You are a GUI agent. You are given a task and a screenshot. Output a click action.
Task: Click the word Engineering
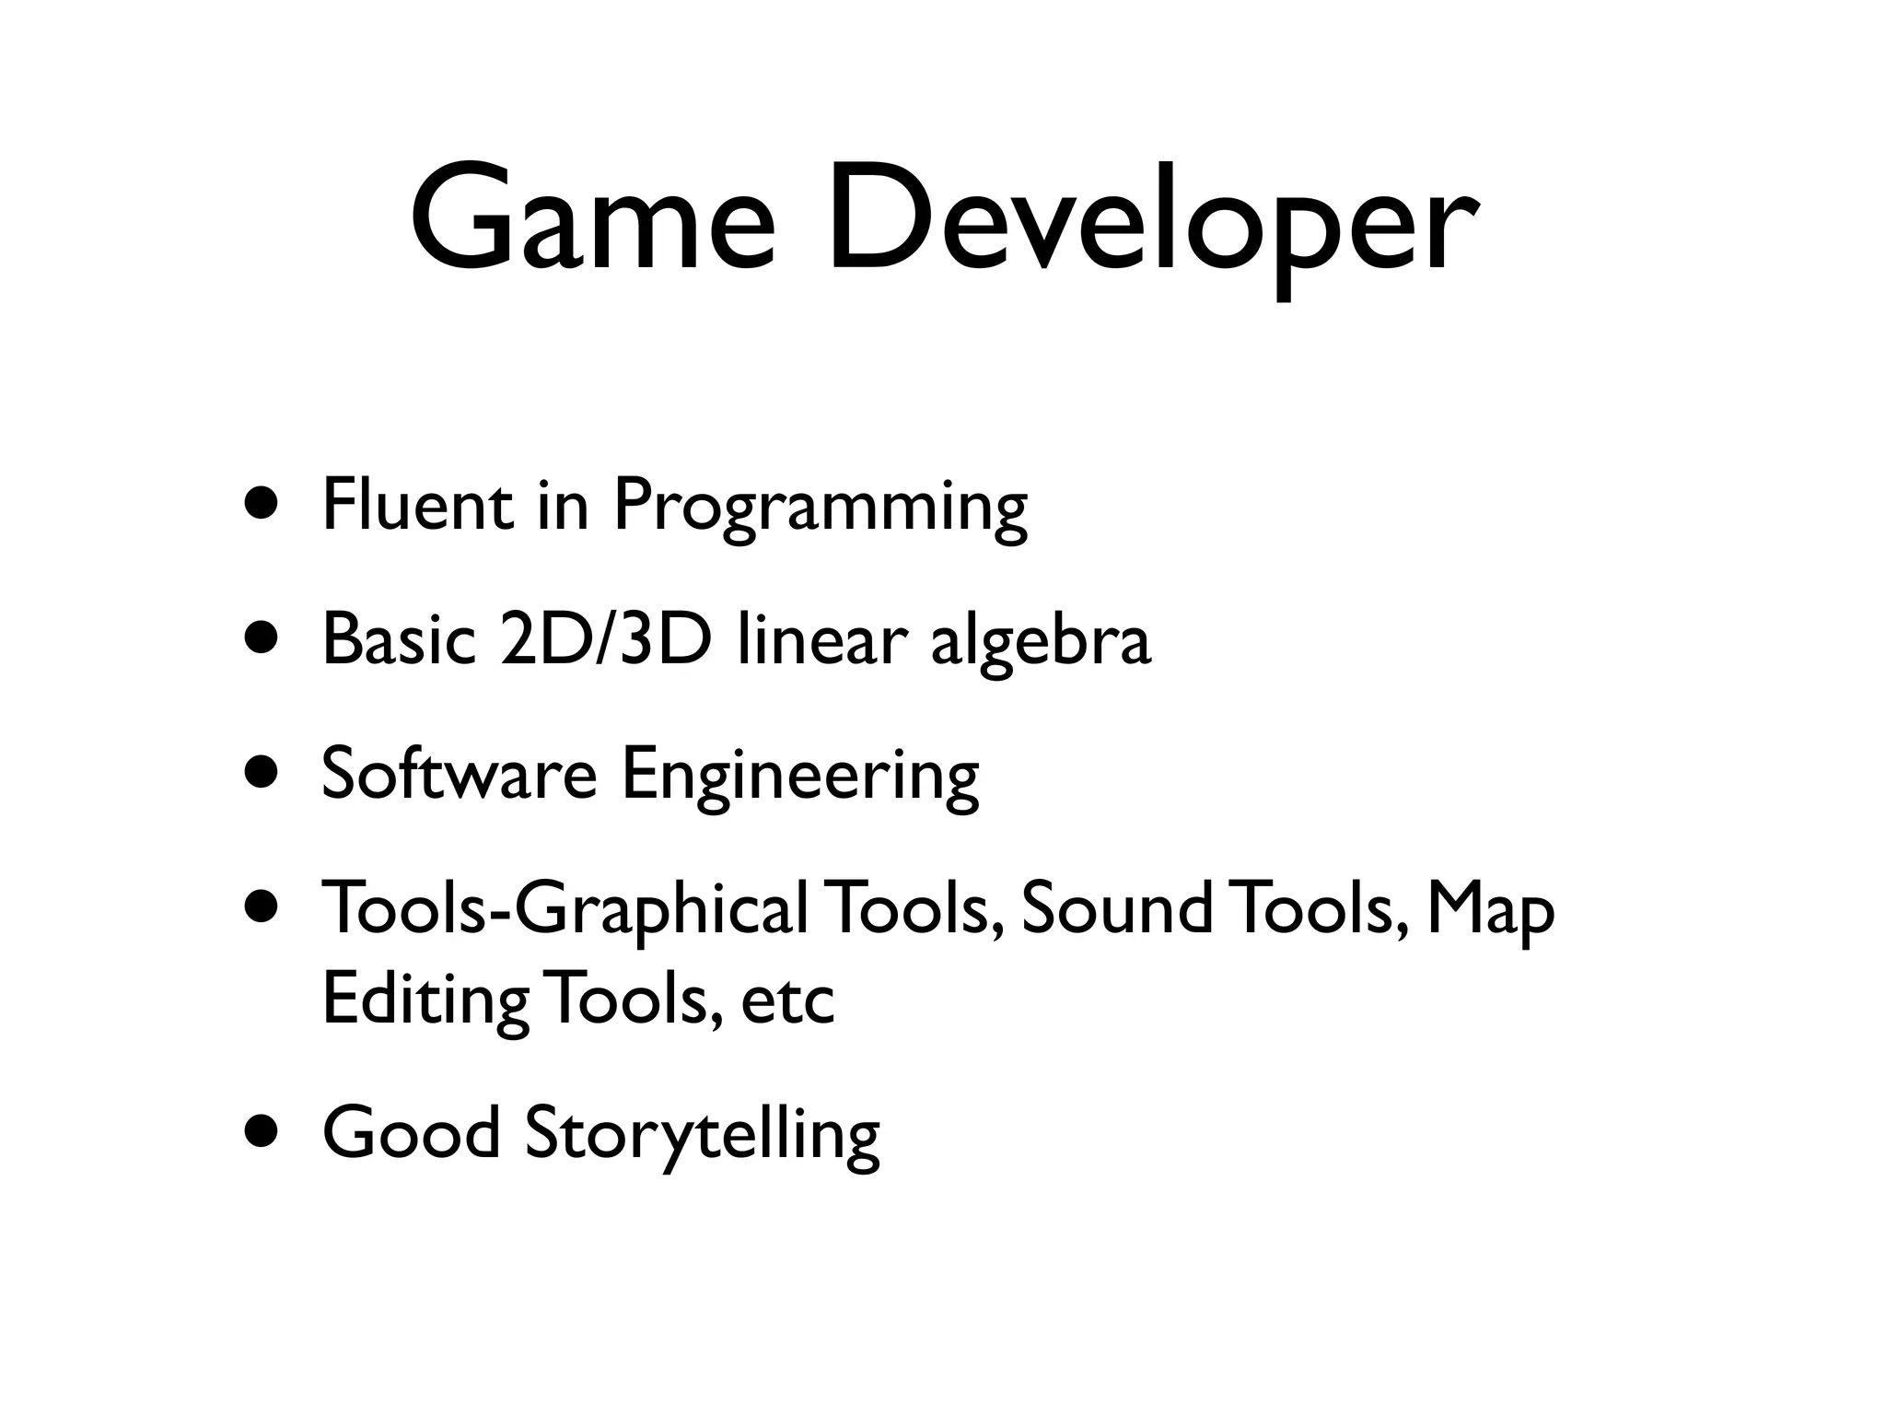tap(799, 778)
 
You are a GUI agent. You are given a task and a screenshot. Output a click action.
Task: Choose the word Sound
tap(1116, 908)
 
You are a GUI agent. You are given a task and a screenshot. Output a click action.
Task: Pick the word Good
tap(411, 1132)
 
